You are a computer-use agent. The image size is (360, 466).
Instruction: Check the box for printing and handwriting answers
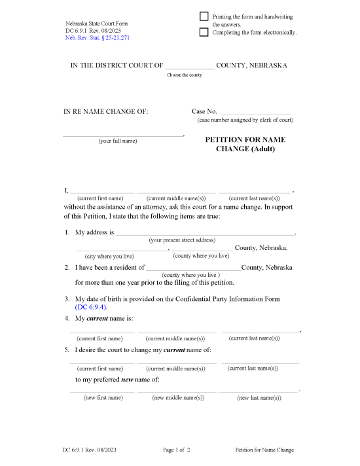[x=204, y=16]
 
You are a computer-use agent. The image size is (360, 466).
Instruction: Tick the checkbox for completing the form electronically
[x=204, y=31]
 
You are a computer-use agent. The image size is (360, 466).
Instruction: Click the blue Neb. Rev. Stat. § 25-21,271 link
[x=97, y=39]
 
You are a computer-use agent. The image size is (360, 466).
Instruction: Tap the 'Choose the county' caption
[x=185, y=75]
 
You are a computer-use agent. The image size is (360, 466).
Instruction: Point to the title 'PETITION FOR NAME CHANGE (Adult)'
[x=245, y=144]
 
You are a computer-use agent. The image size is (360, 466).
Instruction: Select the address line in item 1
[x=205, y=232]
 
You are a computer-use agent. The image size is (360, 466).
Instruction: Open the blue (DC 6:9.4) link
[x=91, y=307]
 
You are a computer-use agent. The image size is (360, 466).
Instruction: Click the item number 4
[x=67, y=318]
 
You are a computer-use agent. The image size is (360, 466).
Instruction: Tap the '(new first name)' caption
[x=103, y=397]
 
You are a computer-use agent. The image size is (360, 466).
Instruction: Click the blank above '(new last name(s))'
[x=258, y=391]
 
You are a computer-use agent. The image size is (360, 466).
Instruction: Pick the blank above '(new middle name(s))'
[x=176, y=391]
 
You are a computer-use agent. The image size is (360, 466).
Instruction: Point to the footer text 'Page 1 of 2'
[x=176, y=450]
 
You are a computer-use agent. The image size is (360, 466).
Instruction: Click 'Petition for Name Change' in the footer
[x=264, y=450]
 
